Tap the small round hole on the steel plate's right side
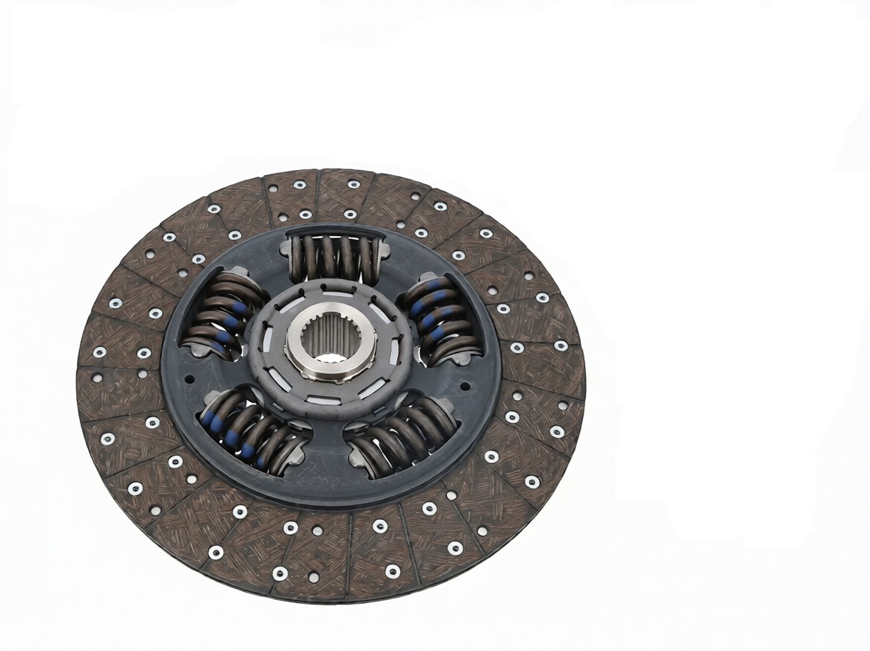point(464,386)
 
